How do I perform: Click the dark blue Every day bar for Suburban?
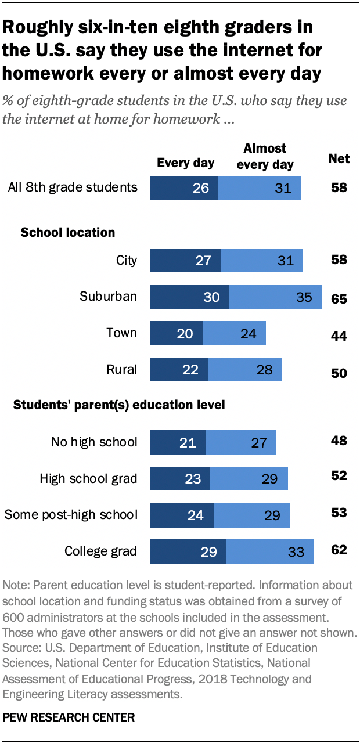point(189,297)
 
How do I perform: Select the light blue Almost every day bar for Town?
point(235,333)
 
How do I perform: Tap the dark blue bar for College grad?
point(188,551)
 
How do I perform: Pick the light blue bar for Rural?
point(245,370)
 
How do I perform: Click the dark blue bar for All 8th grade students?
point(183,187)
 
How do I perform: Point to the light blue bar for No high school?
point(241,442)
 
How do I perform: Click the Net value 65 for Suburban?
point(339,298)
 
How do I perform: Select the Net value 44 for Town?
point(339,336)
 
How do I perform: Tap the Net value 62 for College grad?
point(339,549)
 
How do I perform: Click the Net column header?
point(339,158)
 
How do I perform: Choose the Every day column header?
point(185,163)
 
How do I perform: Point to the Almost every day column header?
point(265,156)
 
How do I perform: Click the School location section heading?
point(68,232)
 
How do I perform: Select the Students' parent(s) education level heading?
point(119,405)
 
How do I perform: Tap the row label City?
point(127,259)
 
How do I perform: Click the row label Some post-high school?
point(71,514)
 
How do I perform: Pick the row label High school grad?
point(88,478)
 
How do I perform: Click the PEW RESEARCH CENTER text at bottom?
point(69,717)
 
